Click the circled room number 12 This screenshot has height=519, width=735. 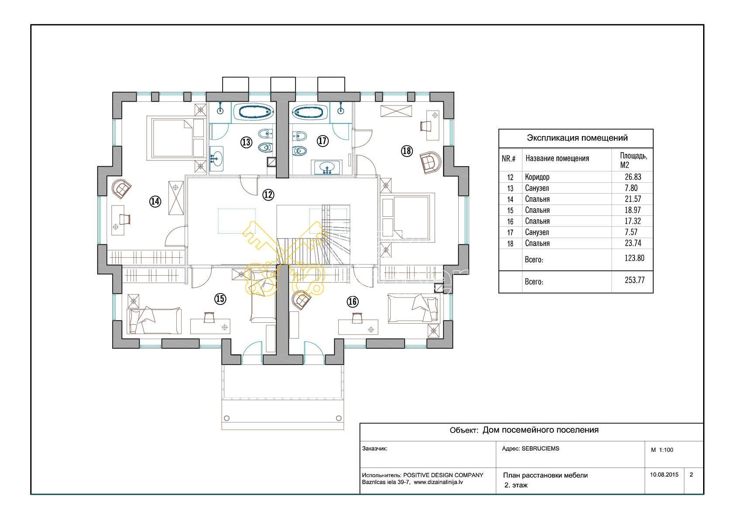pyautogui.click(x=268, y=195)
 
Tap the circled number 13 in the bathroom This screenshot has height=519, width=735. pyautogui.click(x=246, y=142)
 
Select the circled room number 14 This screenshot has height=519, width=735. pyautogui.click(x=155, y=201)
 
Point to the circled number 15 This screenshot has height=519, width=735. pyautogui.click(x=220, y=299)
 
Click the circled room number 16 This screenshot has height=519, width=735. pyautogui.click(x=353, y=302)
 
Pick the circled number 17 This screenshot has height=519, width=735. pyautogui.click(x=323, y=141)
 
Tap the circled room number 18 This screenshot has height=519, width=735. pyautogui.click(x=407, y=151)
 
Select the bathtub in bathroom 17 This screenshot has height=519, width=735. pyautogui.click(x=309, y=112)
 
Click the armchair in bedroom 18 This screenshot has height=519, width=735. pyautogui.click(x=431, y=162)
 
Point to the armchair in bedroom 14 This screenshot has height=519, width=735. pyautogui.click(x=121, y=188)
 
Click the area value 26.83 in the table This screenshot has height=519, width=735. pyautogui.click(x=632, y=177)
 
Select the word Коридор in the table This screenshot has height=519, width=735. pyautogui.click(x=537, y=177)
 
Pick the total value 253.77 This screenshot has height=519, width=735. pyautogui.click(x=635, y=280)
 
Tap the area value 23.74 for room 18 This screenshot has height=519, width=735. pyautogui.click(x=632, y=243)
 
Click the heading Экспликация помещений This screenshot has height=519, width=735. pyautogui.click(x=577, y=138)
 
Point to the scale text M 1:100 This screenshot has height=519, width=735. pyautogui.click(x=662, y=450)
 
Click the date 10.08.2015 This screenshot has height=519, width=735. pyautogui.click(x=664, y=475)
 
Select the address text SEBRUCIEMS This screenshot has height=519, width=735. pyautogui.click(x=540, y=448)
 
